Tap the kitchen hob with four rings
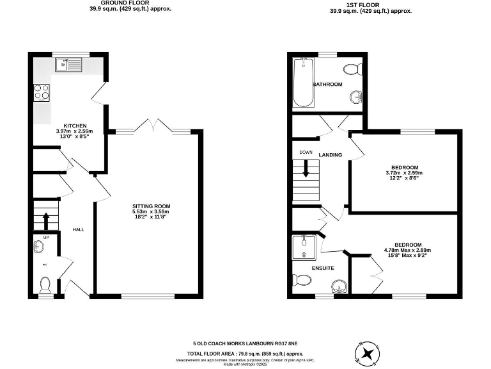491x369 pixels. click(42, 93)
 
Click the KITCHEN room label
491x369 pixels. click(75, 126)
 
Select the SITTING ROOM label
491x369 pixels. click(151, 206)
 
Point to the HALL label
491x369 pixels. click(78, 229)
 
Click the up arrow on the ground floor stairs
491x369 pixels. click(46, 220)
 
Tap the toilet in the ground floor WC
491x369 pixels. click(45, 282)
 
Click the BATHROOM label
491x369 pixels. click(327, 85)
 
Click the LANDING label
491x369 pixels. click(331, 155)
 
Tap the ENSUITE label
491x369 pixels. click(322, 268)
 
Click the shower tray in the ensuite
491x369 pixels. click(303, 246)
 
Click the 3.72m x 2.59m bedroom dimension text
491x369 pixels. click(405, 173)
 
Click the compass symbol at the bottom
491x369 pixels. click(368, 353)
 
